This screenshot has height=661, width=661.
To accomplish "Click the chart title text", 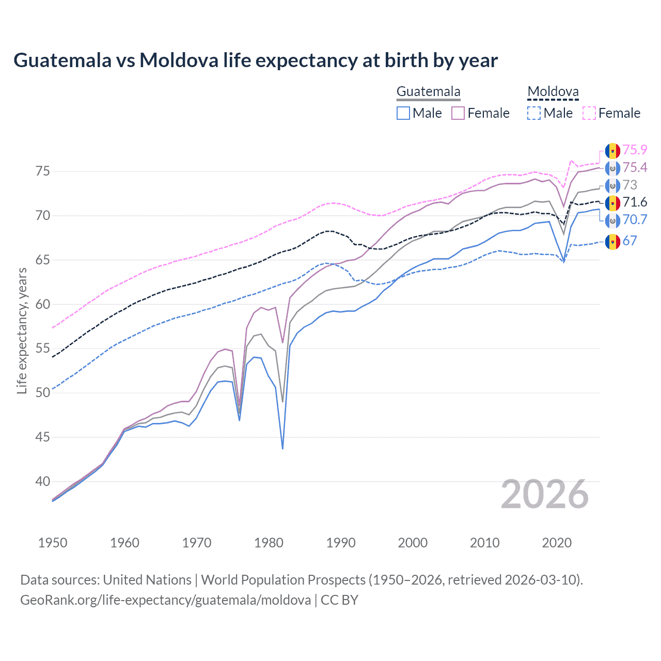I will click(x=255, y=60).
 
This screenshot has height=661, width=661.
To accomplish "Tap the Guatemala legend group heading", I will click(x=428, y=92).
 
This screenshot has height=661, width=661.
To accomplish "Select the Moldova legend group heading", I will click(x=553, y=92).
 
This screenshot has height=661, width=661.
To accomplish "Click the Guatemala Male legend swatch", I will click(x=403, y=113).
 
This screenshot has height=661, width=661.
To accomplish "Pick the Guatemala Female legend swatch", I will click(x=458, y=113).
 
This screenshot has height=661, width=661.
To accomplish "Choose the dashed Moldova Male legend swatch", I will click(x=534, y=113).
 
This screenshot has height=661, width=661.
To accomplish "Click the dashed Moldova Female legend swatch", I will click(x=589, y=113).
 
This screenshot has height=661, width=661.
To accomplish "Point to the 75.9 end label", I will click(x=635, y=150).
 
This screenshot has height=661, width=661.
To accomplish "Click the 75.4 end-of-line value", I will click(x=635, y=167).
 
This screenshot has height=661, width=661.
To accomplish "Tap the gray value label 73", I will click(x=629, y=185).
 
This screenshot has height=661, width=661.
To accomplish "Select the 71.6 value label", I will click(x=635, y=202).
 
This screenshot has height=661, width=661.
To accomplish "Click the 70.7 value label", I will click(x=635, y=220).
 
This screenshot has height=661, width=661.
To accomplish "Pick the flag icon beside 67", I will click(x=612, y=241).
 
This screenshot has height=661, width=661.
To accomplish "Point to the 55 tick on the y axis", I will click(x=43, y=349).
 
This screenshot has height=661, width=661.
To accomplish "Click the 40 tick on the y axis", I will click(x=43, y=481).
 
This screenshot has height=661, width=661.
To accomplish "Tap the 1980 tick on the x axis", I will click(x=269, y=543).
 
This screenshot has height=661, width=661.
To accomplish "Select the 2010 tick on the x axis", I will click(x=484, y=543).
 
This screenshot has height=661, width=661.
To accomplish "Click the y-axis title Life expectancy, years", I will click(x=22, y=330).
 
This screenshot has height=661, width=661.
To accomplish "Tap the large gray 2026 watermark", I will click(x=545, y=495).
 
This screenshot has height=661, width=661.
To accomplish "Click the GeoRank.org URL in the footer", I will click(x=165, y=600).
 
